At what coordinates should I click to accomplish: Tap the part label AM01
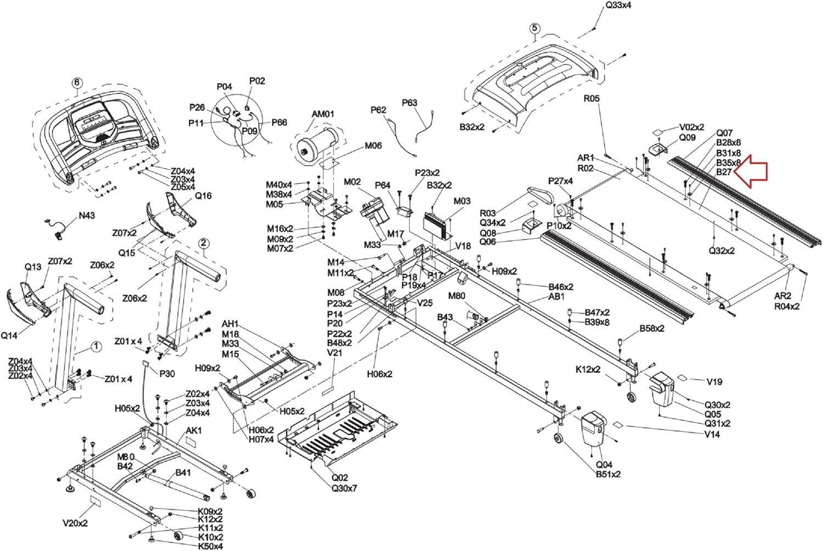click(323, 115)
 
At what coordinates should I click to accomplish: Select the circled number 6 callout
click(77, 83)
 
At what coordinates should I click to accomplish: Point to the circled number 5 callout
click(534, 29)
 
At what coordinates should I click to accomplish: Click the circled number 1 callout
click(95, 346)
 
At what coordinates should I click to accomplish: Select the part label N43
click(86, 216)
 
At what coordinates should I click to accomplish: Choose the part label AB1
click(556, 297)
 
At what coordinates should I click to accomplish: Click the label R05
click(591, 99)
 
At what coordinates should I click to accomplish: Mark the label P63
click(409, 103)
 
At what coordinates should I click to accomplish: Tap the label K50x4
click(210, 547)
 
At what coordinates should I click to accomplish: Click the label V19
click(714, 381)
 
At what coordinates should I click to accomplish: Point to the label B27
click(724, 172)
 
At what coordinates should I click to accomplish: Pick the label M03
click(462, 201)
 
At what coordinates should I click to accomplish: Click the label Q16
click(203, 196)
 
